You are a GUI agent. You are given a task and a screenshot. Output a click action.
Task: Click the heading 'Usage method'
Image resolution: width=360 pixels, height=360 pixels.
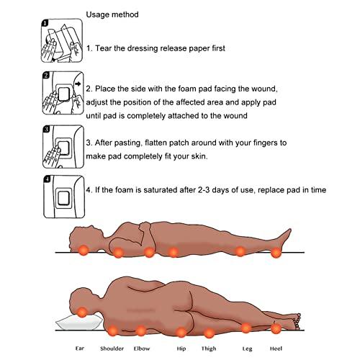pos(113,14)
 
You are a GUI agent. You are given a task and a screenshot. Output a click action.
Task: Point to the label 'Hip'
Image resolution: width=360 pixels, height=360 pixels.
pos(181,348)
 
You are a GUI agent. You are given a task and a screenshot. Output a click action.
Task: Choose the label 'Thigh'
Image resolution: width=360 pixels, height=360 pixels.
pos(210,348)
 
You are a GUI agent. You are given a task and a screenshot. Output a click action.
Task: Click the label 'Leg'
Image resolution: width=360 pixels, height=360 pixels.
pos(246,348)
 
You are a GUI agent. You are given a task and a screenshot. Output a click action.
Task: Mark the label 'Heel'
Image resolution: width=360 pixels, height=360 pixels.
pos(276,348)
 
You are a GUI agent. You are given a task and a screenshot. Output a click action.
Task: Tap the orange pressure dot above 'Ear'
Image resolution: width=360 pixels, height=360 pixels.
pos(83,312)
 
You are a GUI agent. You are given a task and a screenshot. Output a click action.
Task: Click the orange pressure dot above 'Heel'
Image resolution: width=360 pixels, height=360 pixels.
pos(276,329)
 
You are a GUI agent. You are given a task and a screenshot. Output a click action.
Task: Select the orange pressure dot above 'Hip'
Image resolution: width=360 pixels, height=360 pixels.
pos(181,331)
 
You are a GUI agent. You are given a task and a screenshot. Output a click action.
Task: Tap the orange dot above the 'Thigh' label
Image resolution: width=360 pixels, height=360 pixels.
pos(210,333)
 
